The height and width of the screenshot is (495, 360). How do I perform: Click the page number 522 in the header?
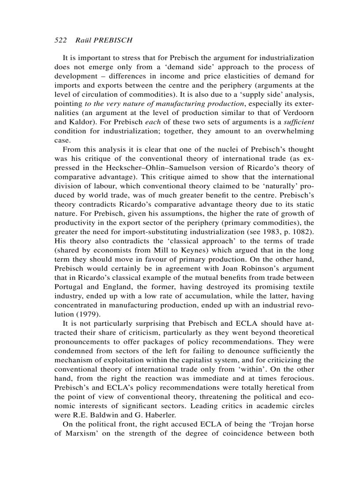60,40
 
